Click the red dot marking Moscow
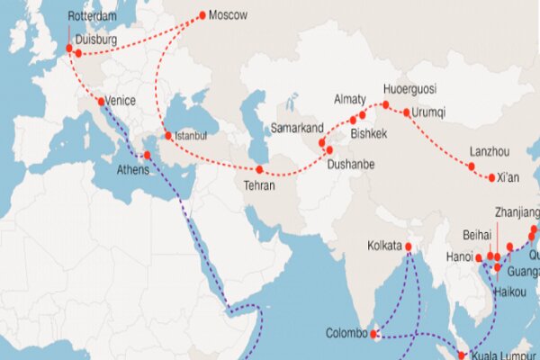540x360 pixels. (202, 15)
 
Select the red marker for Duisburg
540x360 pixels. (78, 53)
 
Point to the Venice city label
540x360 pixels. (121, 101)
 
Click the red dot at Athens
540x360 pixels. (148, 155)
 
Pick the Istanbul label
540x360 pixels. (191, 136)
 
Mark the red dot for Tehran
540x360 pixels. (259, 169)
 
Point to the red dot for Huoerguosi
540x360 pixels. (386, 105)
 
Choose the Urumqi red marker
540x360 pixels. (407, 112)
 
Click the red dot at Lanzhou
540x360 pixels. (471, 166)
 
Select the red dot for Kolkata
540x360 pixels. (409, 246)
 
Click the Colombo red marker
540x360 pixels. (375, 334)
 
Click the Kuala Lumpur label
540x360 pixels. (505, 355)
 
